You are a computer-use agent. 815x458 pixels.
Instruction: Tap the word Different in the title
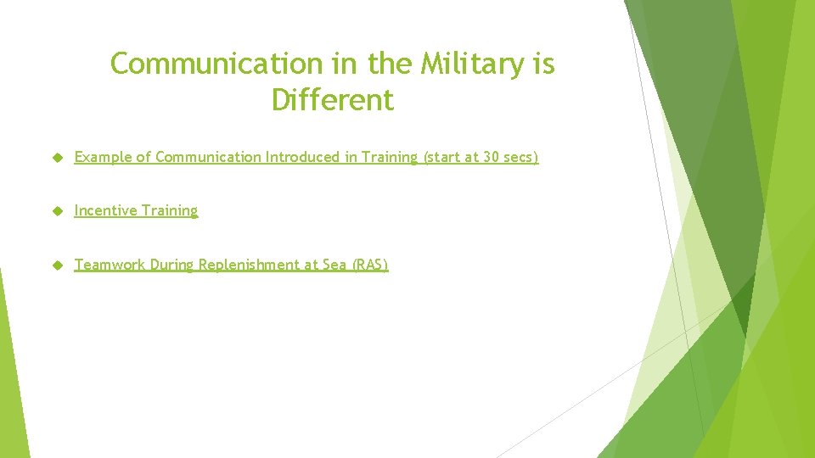(333, 100)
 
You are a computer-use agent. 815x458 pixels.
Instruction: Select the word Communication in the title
(213, 64)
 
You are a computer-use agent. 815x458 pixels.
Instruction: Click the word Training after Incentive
(169, 211)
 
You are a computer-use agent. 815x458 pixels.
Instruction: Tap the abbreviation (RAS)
(368, 265)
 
